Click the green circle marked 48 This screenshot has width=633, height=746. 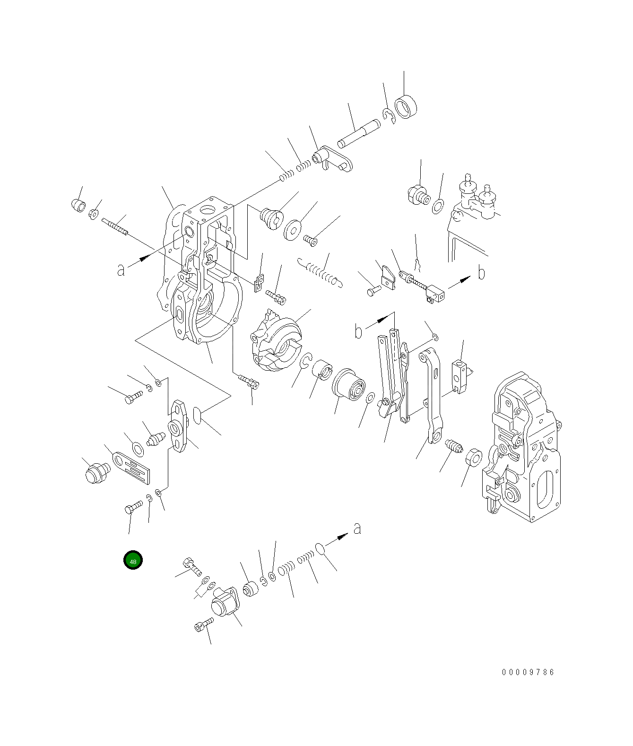133,560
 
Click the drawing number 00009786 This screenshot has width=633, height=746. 528,672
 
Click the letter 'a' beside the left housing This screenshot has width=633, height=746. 121,270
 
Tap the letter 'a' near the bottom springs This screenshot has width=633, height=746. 357,528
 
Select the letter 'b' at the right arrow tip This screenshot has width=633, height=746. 481,273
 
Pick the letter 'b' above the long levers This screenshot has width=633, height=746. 359,331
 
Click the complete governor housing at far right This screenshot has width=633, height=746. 522,447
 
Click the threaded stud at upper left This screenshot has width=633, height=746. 115,226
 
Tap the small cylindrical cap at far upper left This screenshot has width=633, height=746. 78,205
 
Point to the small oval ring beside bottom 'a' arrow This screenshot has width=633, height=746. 320,548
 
